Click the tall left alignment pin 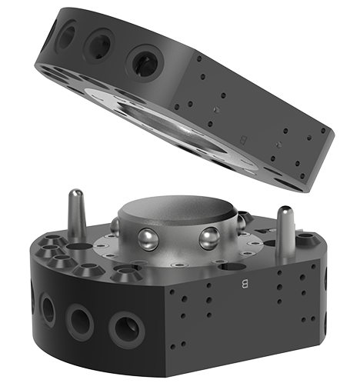(x=76, y=215)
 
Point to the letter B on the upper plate (x=243, y=140)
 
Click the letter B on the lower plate (x=244, y=284)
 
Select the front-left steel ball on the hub (x=148, y=239)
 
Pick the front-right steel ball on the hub (x=209, y=238)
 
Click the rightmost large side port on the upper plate (x=145, y=63)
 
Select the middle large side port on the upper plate (x=99, y=45)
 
